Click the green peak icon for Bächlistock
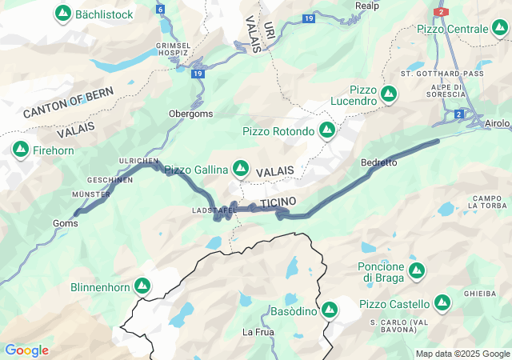tap(62, 14)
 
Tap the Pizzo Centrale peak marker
tap(499, 29)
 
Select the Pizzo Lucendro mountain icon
tap(389, 94)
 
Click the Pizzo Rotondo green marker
tap(326, 130)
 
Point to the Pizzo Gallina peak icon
tap(240, 169)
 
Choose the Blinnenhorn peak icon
tap(142, 286)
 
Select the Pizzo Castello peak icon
tap(442, 303)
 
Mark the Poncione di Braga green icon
tap(416, 270)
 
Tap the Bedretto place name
tap(379, 162)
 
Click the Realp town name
tap(367, 5)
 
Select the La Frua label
tap(258, 331)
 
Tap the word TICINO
tap(278, 200)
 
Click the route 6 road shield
tap(160, 10)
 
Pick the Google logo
tap(26, 350)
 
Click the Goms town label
tap(66, 224)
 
